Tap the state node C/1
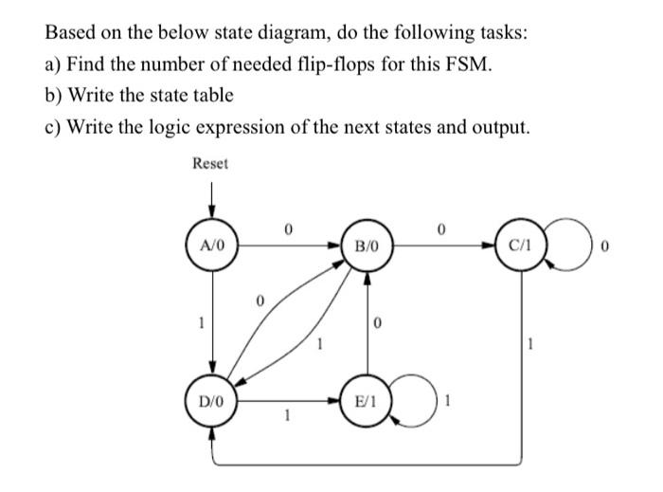click(x=521, y=247)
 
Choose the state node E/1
click(x=367, y=401)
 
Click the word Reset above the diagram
click(x=210, y=163)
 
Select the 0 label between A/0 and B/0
click(x=289, y=228)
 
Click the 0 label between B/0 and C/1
click(x=442, y=228)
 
